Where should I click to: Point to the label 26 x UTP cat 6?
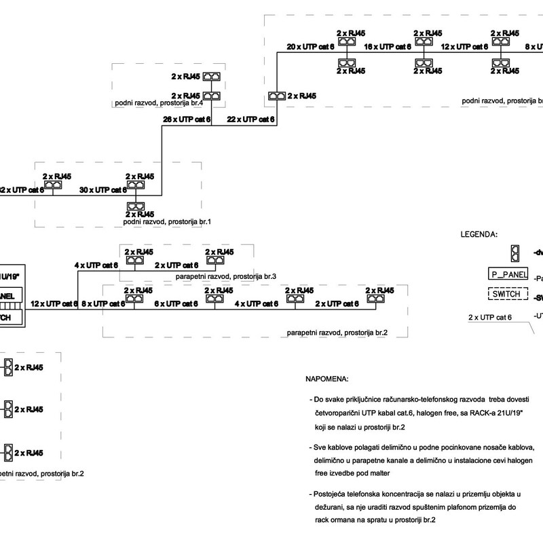pos(187,119)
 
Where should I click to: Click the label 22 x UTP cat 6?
pos(250,119)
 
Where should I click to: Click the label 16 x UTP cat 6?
pos(388,47)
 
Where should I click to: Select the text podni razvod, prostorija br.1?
pos(168,222)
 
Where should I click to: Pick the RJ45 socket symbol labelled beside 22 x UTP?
pos(277,97)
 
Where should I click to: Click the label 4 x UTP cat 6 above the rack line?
pos(96,265)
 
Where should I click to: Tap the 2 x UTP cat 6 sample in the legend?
pos(490,317)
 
